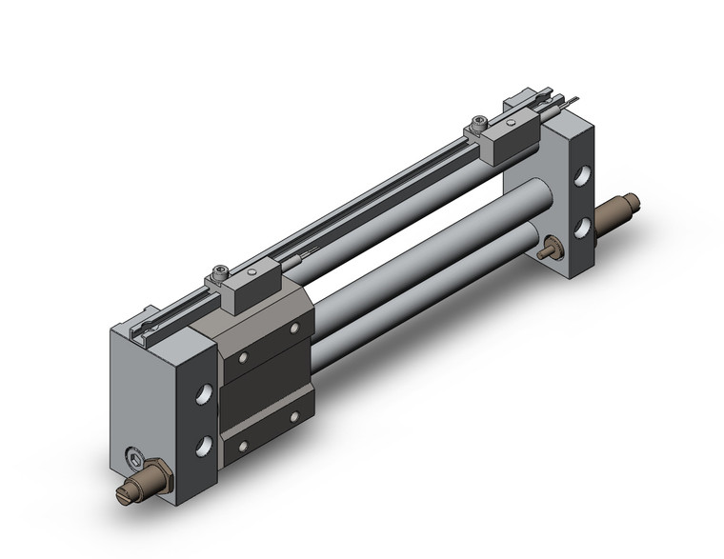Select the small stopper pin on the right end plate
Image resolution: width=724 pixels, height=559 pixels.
pyautogui.click(x=548, y=252)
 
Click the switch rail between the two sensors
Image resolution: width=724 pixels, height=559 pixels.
pyautogui.click(x=362, y=198)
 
